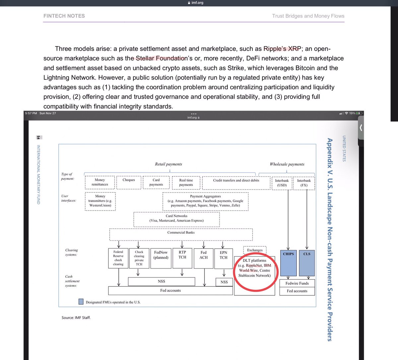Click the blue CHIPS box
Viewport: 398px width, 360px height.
[x=288, y=263]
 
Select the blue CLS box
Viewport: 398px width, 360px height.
[x=307, y=263]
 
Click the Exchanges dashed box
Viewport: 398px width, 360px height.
[x=255, y=250]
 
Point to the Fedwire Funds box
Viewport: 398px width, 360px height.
[x=297, y=283]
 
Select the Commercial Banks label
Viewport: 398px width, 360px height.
[x=181, y=233]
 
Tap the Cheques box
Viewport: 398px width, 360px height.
[x=129, y=182]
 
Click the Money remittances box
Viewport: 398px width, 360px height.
[x=100, y=182]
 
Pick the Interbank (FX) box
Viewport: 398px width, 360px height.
[x=304, y=183]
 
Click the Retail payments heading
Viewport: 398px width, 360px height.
[x=168, y=164]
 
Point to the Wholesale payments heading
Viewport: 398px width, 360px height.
[x=287, y=164]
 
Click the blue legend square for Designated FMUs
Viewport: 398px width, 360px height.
[x=81, y=302]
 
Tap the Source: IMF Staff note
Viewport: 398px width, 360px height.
[x=76, y=318]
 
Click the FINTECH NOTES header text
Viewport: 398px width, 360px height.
[x=64, y=16]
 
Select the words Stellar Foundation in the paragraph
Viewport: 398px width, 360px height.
[x=161, y=58]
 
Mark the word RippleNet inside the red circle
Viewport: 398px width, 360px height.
[x=254, y=266]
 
